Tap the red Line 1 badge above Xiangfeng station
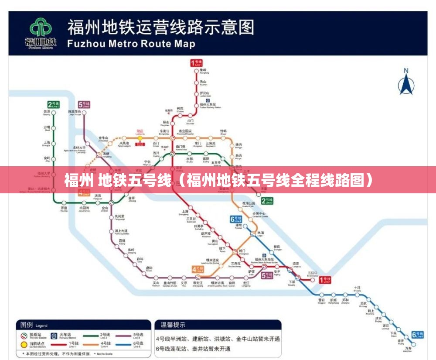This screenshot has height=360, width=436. pyautogui.click(x=195, y=63)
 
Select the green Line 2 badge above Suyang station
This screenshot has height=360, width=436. pyautogui.click(x=54, y=104)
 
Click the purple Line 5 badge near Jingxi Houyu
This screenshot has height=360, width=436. pyautogui.click(x=84, y=104)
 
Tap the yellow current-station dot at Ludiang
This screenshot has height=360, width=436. pyautogui.click(x=140, y=138)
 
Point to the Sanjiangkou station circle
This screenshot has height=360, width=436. pyautogui.click(x=312, y=280)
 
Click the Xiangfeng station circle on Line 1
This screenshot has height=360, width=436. pyautogui.click(x=195, y=71)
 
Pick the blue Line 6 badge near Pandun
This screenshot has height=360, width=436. pyautogui.click(x=235, y=219)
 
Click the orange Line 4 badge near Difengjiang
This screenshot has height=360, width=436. pyautogui.click(x=197, y=269)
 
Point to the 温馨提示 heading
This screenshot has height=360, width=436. pyautogui.click(x=173, y=325)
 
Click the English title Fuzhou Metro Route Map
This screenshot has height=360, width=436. pyautogui.click(x=131, y=44)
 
